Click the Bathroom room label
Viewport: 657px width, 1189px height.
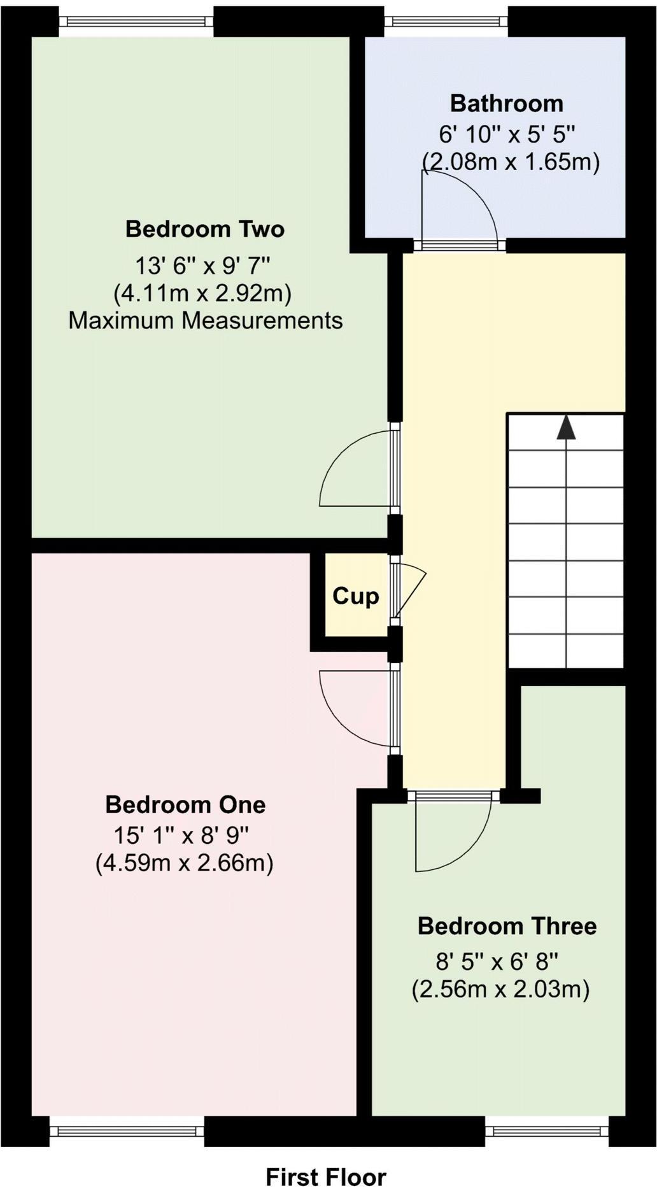coord(507,103)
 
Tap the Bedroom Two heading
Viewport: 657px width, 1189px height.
coord(204,229)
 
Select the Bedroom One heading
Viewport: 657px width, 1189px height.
coord(185,804)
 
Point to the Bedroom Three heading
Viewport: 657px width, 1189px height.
coord(507,926)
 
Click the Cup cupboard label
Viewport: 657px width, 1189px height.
coord(355,596)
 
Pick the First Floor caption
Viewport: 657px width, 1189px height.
coord(325,1177)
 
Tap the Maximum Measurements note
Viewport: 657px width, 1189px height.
coord(205,320)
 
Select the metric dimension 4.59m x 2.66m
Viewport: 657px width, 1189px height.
coord(184,864)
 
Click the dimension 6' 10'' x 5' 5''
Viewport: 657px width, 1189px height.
coord(507,134)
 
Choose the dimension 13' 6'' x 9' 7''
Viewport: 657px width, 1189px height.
coord(205,264)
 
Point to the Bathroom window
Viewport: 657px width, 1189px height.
coord(446,20)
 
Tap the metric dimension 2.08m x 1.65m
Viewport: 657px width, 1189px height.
coord(511,162)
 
